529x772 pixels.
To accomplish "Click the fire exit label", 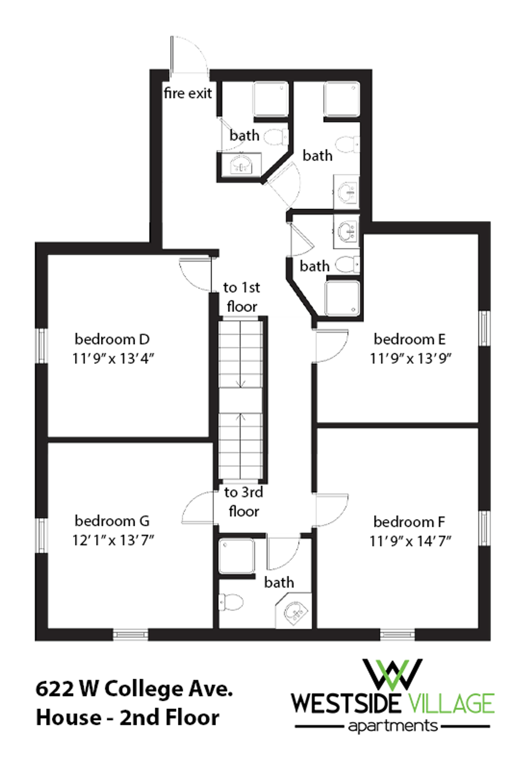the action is tap(187, 93).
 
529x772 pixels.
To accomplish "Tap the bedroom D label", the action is tap(112, 339).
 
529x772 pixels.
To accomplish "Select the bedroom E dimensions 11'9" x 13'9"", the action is tap(411, 358).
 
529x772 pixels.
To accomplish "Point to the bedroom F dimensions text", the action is tap(410, 541).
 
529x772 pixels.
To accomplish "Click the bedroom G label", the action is tap(112, 521).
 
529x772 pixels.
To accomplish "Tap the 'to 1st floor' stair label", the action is tap(242, 297).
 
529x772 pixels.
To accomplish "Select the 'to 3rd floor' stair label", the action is tap(244, 502).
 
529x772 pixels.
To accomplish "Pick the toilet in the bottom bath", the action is tap(231, 602).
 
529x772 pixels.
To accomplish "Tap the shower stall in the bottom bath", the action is tap(237, 556).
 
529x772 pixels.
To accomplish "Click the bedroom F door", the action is tap(331, 509).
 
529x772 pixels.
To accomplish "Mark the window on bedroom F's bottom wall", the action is tap(397, 635).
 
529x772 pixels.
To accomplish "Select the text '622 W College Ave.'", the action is tap(134, 688).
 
